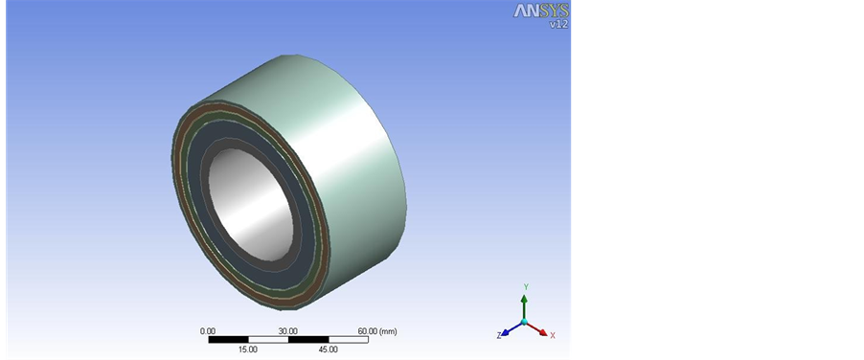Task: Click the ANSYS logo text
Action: [x=540, y=11]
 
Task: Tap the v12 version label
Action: [x=558, y=24]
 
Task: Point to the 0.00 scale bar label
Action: [x=208, y=331]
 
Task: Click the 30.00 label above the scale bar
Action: [x=287, y=331]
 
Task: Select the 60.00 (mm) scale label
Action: [x=377, y=331]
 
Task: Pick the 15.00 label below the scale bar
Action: [x=248, y=349]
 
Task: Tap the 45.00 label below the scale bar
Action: [x=329, y=349]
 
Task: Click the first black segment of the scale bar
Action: [x=229, y=340]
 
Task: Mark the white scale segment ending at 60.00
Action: [x=349, y=340]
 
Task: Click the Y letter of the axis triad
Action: [x=526, y=287]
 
